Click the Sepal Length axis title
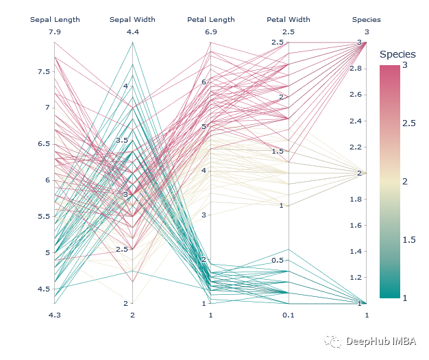click(55, 20)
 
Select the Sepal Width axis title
click(132, 20)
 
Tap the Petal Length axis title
click(210, 20)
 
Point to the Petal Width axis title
click(289, 20)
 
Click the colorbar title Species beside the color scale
click(397, 54)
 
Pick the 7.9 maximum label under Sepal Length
click(55, 32)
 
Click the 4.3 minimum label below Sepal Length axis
click(55, 315)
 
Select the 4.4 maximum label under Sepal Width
click(132, 32)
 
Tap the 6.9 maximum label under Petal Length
click(210, 32)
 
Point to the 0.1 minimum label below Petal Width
click(289, 315)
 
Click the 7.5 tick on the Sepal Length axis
click(43, 72)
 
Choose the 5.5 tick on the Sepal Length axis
click(43, 217)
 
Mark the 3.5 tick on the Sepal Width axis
click(121, 141)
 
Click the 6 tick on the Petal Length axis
click(204, 82)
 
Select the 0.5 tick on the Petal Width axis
click(278, 261)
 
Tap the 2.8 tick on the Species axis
click(356, 69)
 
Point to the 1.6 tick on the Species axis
click(356, 226)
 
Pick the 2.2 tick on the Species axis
click(356, 147)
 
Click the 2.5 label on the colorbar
click(409, 123)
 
